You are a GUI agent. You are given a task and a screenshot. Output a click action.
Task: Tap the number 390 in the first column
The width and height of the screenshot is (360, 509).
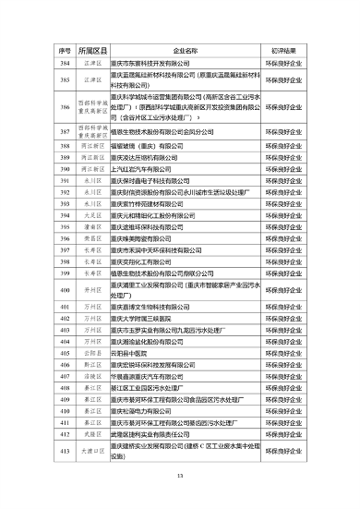coord(65,170)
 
